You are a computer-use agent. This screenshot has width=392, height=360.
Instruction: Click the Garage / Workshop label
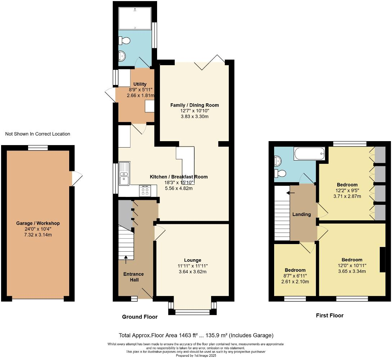coord(38,223)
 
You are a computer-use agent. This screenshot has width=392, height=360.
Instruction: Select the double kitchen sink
coord(124,174)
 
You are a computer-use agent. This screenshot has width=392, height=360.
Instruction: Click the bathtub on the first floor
coord(309,154)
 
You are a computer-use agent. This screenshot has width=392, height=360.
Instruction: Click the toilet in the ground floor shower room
coord(125,41)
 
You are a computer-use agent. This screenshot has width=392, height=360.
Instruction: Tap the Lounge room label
coord(192,260)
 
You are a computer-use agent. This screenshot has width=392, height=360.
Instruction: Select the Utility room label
coord(140,84)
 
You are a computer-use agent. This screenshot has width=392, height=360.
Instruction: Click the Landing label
coord(302,214)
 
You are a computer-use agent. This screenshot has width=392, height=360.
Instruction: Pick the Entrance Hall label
coord(134,277)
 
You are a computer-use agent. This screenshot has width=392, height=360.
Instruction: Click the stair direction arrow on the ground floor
coord(126,257)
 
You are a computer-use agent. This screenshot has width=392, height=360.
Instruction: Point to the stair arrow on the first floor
coord(289,193)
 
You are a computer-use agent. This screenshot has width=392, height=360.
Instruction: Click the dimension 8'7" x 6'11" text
coord(295,276)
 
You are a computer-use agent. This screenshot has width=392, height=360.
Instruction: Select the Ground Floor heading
coord(140,317)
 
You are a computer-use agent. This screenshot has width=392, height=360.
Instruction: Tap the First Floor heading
coord(330,315)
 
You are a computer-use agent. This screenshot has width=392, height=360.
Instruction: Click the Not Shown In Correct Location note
coord(37,134)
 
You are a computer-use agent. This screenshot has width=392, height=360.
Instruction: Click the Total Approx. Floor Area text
coord(196,335)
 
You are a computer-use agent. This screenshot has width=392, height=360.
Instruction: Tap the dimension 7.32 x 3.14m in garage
coord(38,235)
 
